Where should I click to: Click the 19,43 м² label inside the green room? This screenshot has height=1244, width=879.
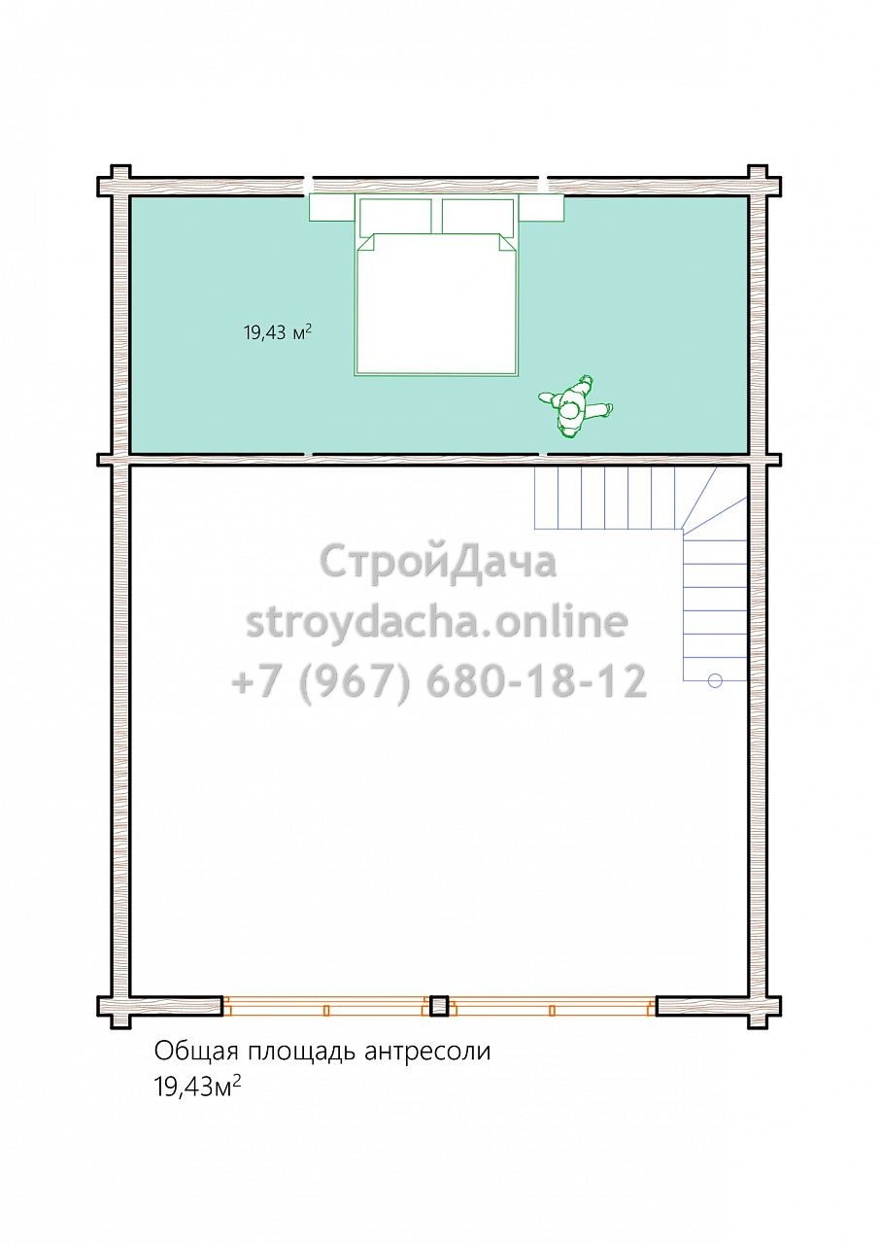278,332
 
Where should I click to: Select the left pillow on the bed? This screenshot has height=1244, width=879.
395,218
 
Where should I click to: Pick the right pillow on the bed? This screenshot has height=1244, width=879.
478,218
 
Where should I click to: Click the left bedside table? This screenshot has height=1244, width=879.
332,208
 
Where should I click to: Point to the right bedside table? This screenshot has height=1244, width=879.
542,208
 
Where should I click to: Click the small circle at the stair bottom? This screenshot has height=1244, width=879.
715,680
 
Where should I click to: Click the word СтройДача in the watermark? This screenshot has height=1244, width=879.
438,562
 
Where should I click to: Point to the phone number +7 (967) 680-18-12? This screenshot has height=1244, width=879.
438,681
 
